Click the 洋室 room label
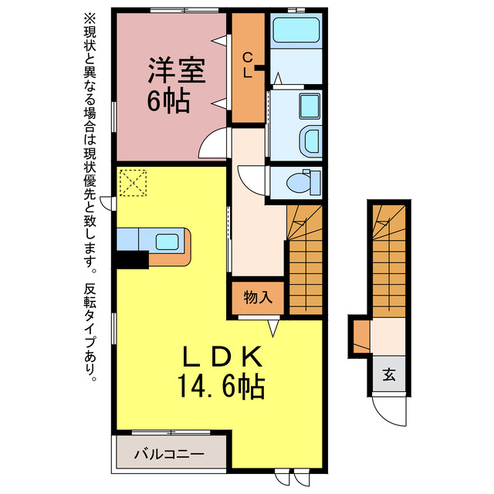coord(176,72)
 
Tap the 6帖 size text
coord(167,100)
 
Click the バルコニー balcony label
coord(172,454)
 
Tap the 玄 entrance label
coord(389,376)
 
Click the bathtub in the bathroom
coord(296,31)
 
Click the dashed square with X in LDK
coord(133,183)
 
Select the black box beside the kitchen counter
coord(131,260)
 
